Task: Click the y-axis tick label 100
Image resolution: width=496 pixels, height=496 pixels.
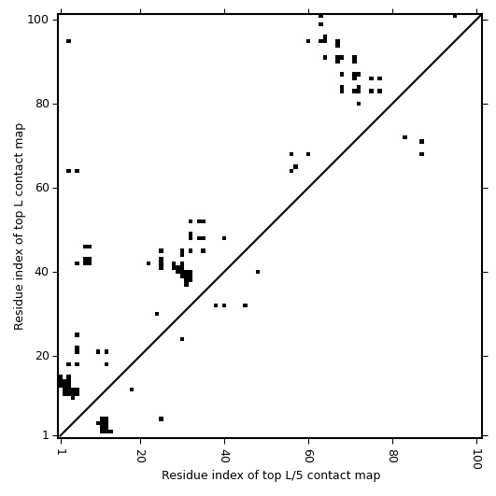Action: tap(37, 20)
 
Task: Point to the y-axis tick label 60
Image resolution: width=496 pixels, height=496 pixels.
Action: tap(41, 188)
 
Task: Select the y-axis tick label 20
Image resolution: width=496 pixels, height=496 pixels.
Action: tap(41, 356)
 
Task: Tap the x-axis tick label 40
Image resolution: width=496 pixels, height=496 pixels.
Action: tap(224, 457)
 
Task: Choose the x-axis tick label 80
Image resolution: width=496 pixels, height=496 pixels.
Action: tap(392, 457)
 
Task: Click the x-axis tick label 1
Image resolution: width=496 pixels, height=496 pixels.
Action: tap(61, 453)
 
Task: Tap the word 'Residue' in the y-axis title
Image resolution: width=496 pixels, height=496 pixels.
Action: tap(19, 307)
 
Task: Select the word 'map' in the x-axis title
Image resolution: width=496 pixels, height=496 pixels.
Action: tap(371, 476)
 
